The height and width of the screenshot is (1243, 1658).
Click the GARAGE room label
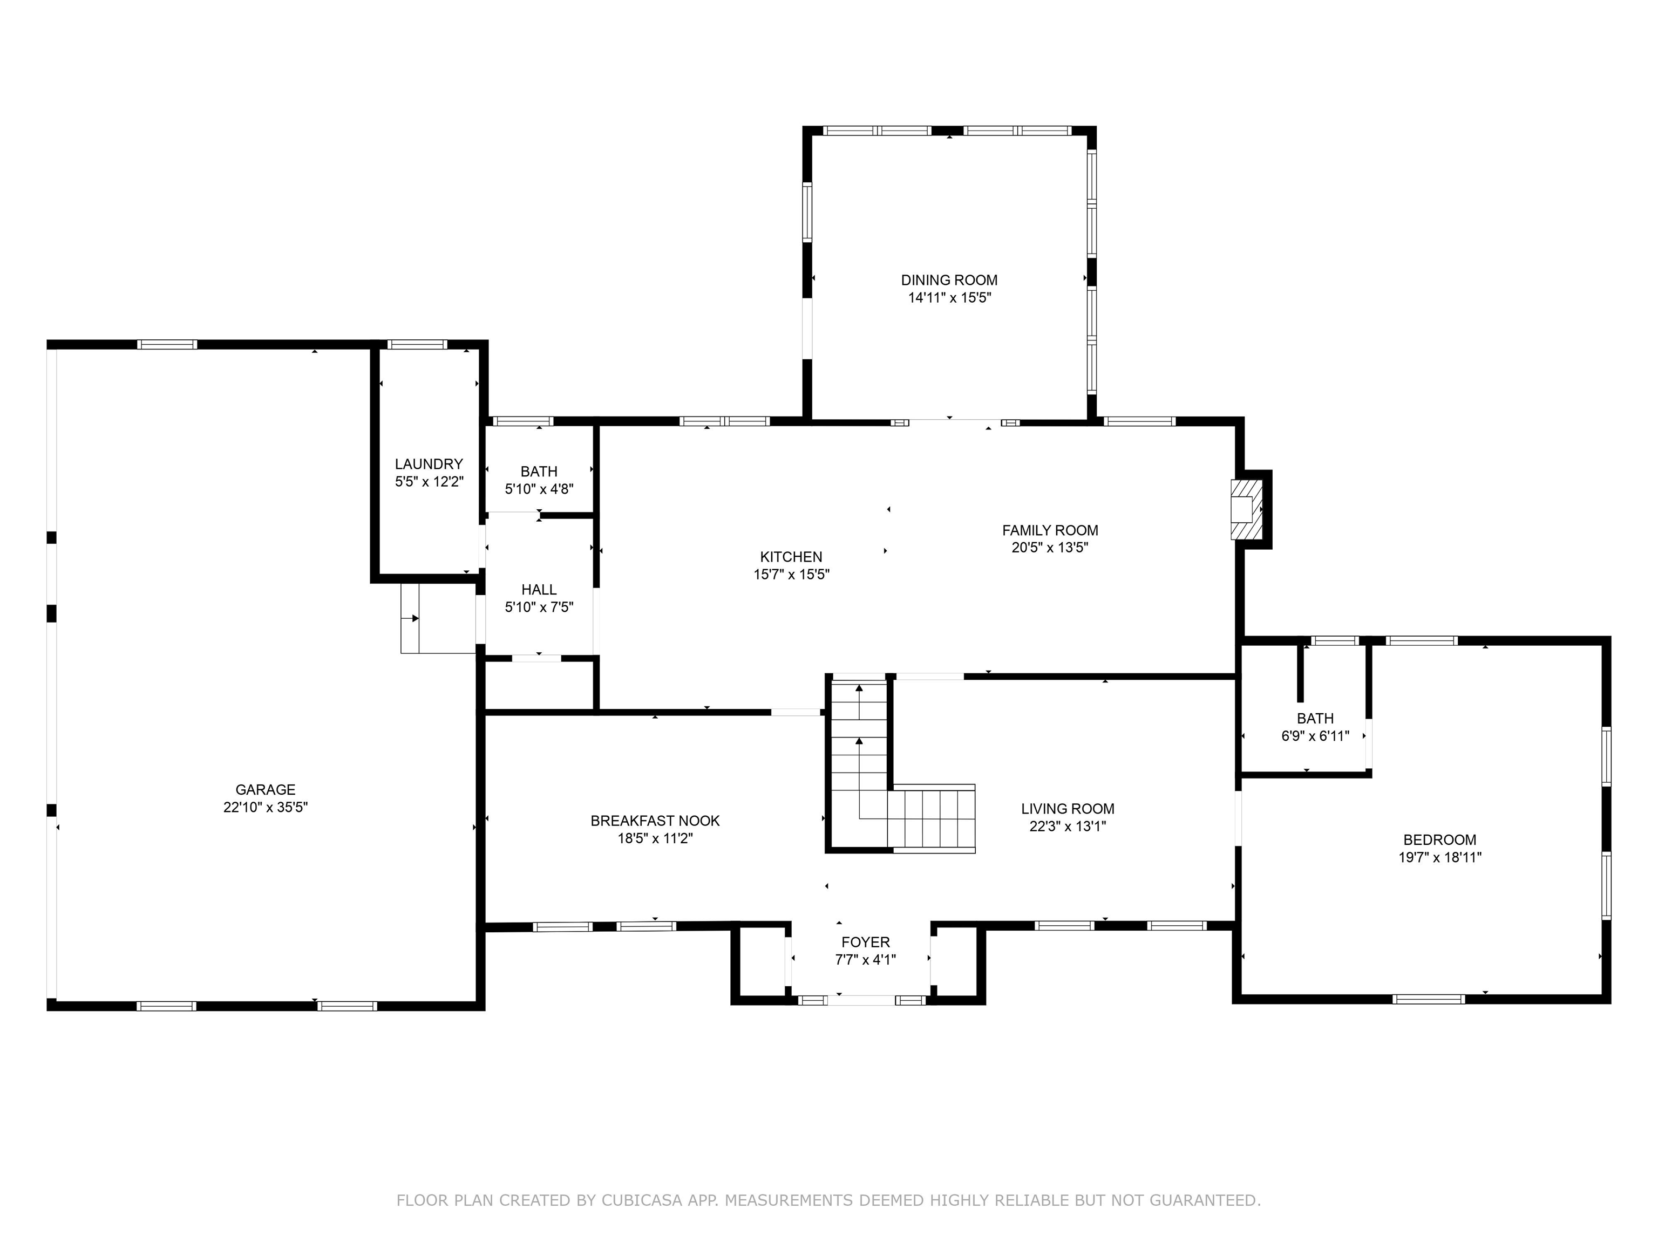(x=266, y=790)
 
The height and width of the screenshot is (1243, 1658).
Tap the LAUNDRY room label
(x=429, y=465)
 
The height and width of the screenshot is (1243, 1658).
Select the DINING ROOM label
(x=949, y=280)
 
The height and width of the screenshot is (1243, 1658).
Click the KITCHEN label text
(x=791, y=557)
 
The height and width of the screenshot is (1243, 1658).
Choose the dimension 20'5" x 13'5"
(x=1049, y=548)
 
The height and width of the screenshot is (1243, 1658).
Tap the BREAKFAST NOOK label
(x=655, y=821)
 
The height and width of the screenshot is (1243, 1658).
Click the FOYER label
(x=866, y=943)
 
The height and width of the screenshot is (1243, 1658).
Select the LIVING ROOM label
(x=1068, y=809)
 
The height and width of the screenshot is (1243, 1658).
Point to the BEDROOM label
(x=1440, y=841)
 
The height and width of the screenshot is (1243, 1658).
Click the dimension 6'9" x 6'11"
(x=1315, y=736)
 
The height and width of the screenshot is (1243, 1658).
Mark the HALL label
(x=539, y=590)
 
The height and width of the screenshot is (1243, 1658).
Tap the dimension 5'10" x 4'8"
(x=539, y=490)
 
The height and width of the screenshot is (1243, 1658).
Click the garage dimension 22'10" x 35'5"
(x=266, y=808)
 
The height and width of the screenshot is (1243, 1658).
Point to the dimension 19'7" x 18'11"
(x=1440, y=858)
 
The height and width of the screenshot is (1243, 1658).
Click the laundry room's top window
(x=418, y=345)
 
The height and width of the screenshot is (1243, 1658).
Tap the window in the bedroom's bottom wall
(x=1428, y=999)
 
